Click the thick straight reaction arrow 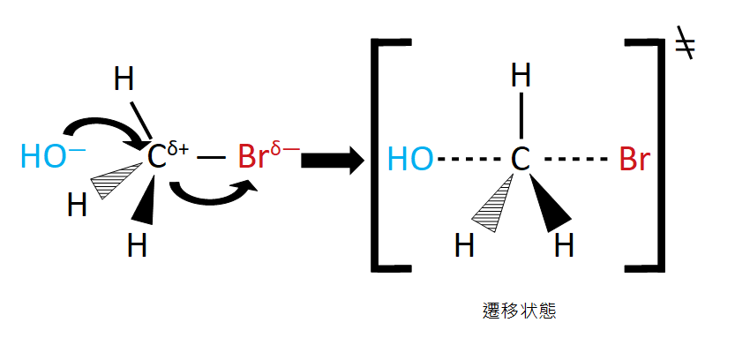coord(333,160)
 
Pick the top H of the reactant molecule coord(124,80)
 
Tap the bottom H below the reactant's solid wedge coord(137,244)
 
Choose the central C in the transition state coord(521,160)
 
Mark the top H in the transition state coord(521,76)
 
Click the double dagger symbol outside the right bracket coord(684,45)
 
